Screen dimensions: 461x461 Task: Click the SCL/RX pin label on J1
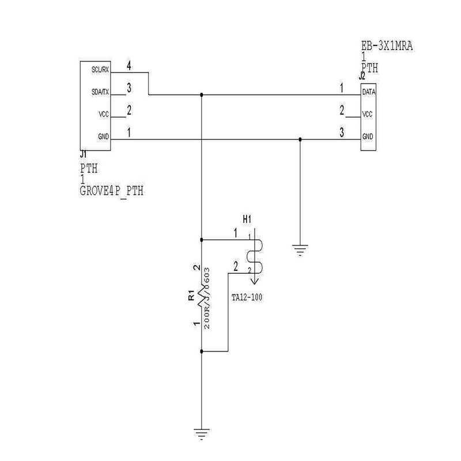(x=100, y=69)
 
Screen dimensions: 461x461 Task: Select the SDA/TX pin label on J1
(x=100, y=92)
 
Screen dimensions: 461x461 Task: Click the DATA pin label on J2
(x=369, y=92)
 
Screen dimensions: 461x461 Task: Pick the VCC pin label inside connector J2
(x=369, y=115)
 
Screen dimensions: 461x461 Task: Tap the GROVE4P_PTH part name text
(x=112, y=191)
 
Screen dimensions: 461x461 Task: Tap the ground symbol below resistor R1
(x=201, y=432)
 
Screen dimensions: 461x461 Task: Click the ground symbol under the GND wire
(x=300, y=250)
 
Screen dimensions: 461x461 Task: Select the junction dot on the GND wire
(x=300, y=139)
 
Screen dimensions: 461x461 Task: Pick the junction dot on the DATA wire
(x=201, y=94)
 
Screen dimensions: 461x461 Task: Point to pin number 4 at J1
(x=129, y=66)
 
